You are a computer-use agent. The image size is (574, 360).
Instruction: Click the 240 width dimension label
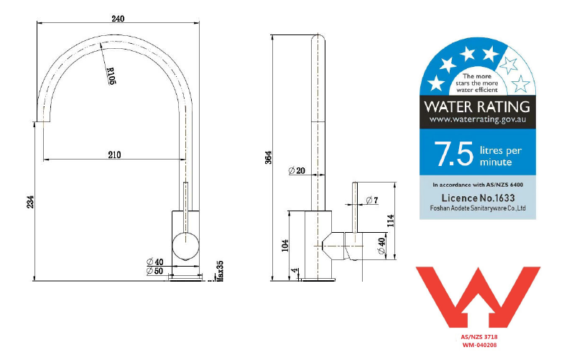[118, 18]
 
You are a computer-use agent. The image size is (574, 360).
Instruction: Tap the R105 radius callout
[111, 76]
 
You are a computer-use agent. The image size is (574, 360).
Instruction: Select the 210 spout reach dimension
[114, 155]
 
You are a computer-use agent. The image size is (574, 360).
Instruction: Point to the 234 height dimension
[30, 202]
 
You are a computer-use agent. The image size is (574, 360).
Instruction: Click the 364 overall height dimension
[269, 157]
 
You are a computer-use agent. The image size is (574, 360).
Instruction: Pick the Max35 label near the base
[220, 271]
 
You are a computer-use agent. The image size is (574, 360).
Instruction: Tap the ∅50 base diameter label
[155, 271]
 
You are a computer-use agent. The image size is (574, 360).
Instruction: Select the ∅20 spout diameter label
[297, 171]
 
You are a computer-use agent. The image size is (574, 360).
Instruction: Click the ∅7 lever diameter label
[372, 200]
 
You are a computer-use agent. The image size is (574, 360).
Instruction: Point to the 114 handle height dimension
[391, 221]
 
